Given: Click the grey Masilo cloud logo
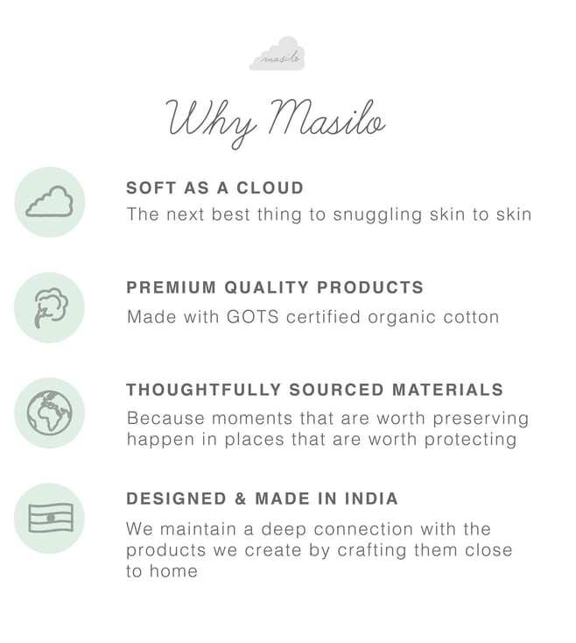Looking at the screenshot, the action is click(x=277, y=53).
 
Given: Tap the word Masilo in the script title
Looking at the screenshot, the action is click(x=327, y=117).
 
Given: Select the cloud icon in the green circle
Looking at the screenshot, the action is click(x=50, y=201).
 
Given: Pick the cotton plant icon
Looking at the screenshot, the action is click(x=51, y=307).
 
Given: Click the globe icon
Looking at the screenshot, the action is click(x=50, y=413).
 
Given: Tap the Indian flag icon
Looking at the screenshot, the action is click(x=51, y=518).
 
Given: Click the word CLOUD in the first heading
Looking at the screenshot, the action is click(x=270, y=187).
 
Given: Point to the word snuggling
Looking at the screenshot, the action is click(x=377, y=215).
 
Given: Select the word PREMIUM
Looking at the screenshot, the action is click(x=172, y=287).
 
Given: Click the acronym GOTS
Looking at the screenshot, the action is click(x=253, y=317).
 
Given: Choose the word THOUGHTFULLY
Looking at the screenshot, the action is click(x=204, y=390).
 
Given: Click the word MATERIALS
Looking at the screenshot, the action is click(x=448, y=390).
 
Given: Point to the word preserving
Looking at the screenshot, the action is click(x=481, y=419).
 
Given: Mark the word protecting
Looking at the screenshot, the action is click(x=470, y=440).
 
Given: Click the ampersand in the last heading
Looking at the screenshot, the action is click(x=241, y=498).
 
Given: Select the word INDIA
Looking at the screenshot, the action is click(x=371, y=498).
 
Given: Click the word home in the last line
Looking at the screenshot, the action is click(x=173, y=571).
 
